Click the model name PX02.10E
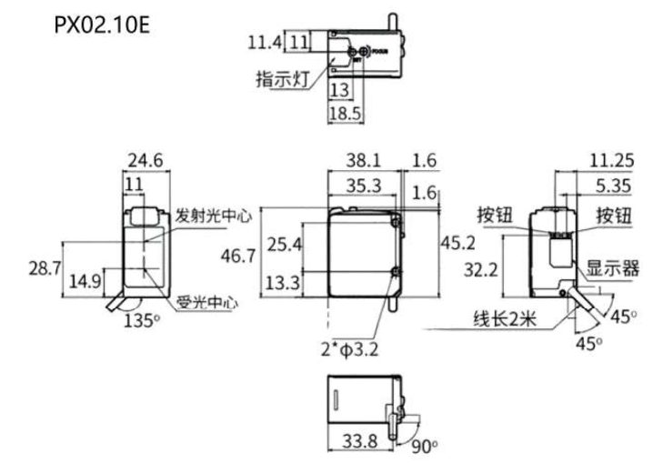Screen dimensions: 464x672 click(x=100, y=25)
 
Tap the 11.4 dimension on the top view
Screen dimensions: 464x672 click(x=265, y=41)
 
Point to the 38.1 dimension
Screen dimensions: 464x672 click(x=364, y=161)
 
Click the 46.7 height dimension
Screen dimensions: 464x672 click(x=239, y=257)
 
